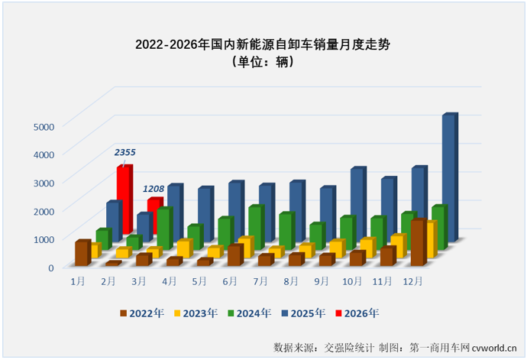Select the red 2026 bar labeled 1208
tap(154, 215)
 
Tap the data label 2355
tap(125, 153)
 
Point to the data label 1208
tap(156, 187)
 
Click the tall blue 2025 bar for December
tap(448, 178)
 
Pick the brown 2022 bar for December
tap(417, 243)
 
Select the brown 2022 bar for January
tap(82, 253)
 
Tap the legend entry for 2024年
tap(249, 313)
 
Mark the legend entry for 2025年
tap(303, 313)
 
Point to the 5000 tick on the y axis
tap(44, 126)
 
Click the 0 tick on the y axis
tap(51, 267)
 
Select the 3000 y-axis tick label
tap(44, 183)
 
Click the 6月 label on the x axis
tap(230, 281)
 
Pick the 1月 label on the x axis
tap(78, 281)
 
